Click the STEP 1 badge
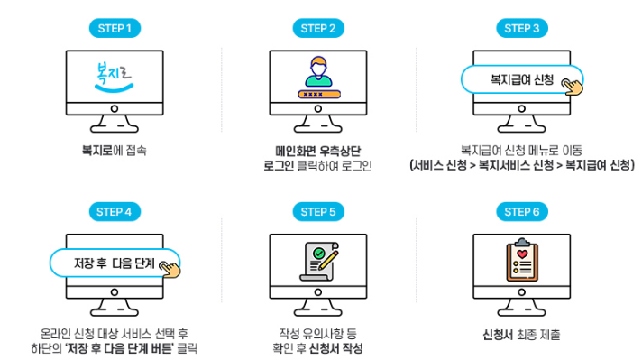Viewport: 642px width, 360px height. pyautogui.click(x=114, y=28)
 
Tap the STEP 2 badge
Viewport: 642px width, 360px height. pyautogui.click(x=318, y=28)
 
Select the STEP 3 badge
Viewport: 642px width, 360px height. pyautogui.click(x=523, y=28)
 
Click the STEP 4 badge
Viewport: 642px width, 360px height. pyautogui.click(x=114, y=212)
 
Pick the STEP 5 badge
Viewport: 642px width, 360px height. pyautogui.click(x=318, y=212)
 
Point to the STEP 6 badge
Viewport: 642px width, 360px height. pyautogui.click(x=523, y=212)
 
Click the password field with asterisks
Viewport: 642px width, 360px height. pyautogui.click(x=318, y=93)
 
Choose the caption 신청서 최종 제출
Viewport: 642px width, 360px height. pyautogui.click(x=521, y=335)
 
